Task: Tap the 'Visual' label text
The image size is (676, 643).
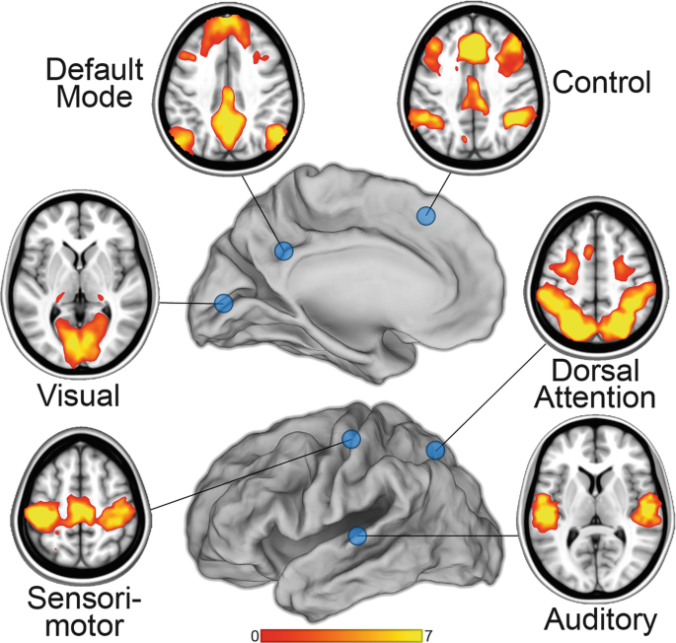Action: click(x=78, y=395)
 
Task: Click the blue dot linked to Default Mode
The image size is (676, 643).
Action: click(x=284, y=251)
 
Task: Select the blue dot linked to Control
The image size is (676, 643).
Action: click(x=427, y=215)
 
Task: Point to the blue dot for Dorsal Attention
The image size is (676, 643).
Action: click(x=435, y=451)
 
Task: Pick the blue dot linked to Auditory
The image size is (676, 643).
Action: click(x=357, y=536)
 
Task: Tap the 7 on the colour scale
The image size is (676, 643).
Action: click(x=427, y=634)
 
